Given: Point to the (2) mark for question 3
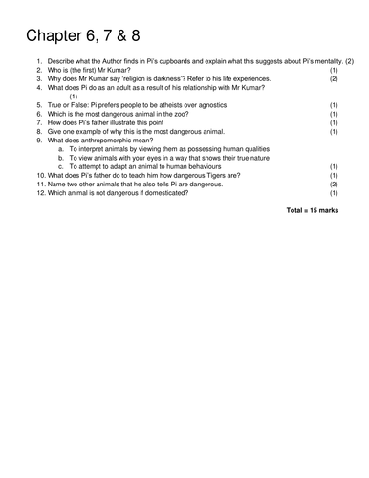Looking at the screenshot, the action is tap(334, 78).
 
